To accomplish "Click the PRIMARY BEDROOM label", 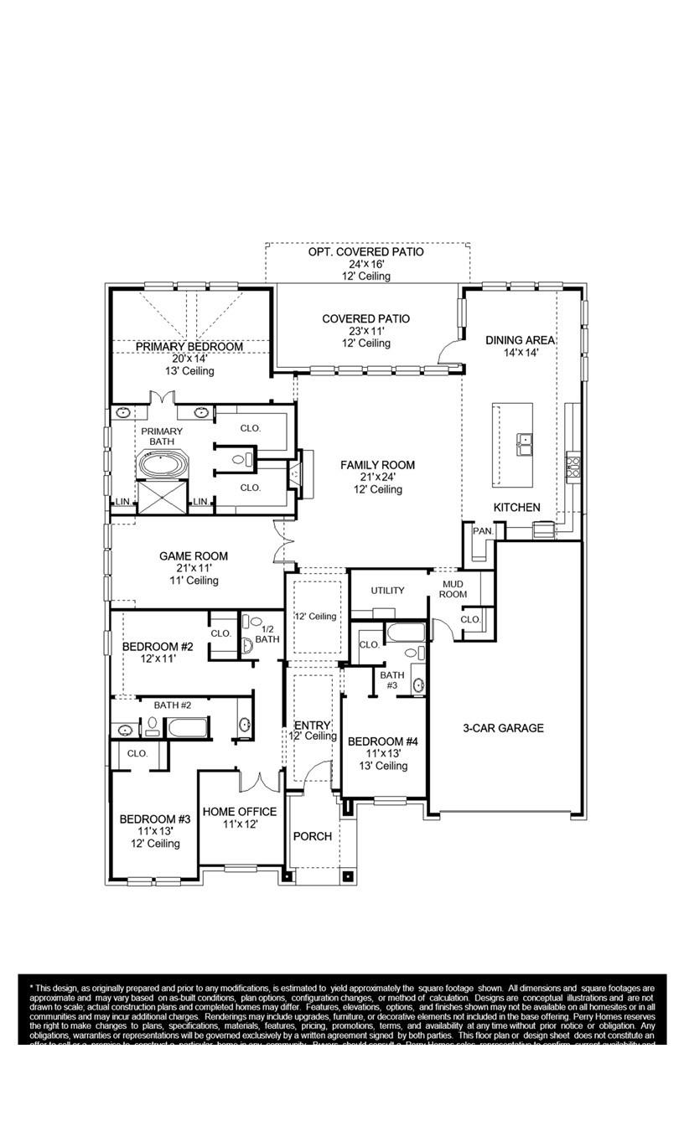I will click(x=189, y=346).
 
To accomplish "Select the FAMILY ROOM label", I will click(x=377, y=465).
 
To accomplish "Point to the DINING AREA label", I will click(x=520, y=340).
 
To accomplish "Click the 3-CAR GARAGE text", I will click(x=503, y=728).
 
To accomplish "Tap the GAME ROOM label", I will click(x=194, y=555).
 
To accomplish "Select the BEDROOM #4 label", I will click(x=382, y=741).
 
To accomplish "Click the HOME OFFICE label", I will click(x=239, y=811).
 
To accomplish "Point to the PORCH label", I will click(x=312, y=836).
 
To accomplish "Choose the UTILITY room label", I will click(x=387, y=591).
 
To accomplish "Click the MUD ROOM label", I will click(x=453, y=589).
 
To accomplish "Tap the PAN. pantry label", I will click(x=482, y=531).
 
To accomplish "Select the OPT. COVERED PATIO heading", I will click(x=365, y=251).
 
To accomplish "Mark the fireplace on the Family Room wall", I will click(x=295, y=474).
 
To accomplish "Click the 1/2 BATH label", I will click(x=267, y=634).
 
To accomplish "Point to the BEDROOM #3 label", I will click(x=155, y=819).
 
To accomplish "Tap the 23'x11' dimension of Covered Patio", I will click(x=365, y=331).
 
